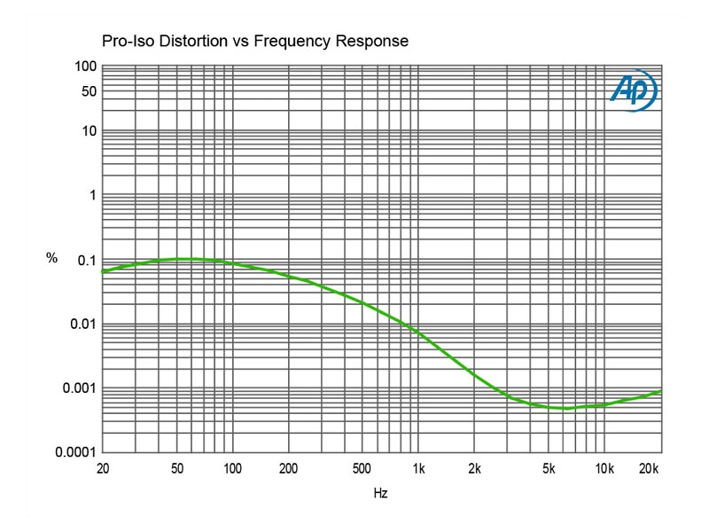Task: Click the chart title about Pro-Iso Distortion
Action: tap(254, 42)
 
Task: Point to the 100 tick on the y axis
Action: tap(85, 67)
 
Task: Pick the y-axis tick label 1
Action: tap(91, 195)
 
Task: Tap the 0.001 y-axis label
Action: tap(80, 388)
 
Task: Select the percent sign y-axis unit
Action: tap(51, 258)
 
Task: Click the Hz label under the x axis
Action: tap(380, 493)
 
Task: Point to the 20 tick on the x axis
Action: tap(103, 469)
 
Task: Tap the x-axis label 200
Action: tap(288, 469)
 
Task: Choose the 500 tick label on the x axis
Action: tap(362, 469)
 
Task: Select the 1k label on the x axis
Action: tap(418, 469)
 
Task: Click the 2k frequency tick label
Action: tap(474, 469)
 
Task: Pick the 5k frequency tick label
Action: tap(548, 469)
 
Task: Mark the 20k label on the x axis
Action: tap(651, 469)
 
